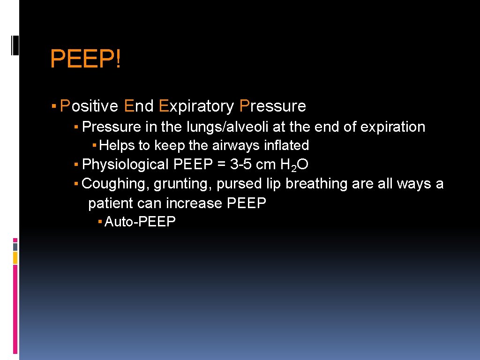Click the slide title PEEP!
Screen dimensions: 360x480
85,60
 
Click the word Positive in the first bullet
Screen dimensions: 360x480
89,106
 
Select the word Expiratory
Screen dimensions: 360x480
196,106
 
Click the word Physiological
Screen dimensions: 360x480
125,165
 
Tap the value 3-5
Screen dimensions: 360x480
241,165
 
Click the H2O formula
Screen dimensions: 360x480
293,165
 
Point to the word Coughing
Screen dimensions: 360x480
116,184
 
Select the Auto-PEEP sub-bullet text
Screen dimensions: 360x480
140,222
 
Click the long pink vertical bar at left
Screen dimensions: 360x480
15,309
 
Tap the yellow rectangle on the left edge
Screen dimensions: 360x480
15,257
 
